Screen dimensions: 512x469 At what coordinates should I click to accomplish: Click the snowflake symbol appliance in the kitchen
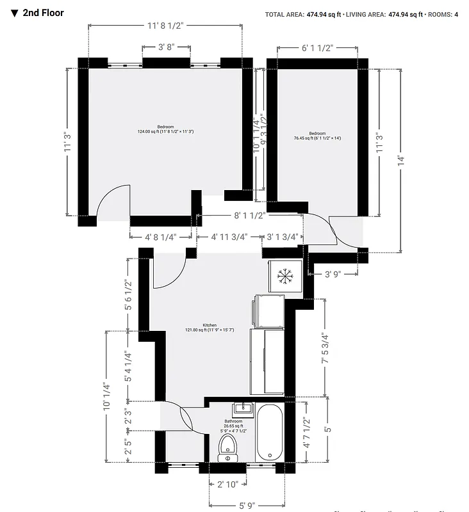click(284, 276)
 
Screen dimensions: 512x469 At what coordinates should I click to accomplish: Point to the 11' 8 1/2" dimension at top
click(165, 26)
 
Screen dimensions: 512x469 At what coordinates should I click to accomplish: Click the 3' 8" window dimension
click(166, 47)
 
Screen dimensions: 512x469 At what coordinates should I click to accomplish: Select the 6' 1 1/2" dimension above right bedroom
click(317, 47)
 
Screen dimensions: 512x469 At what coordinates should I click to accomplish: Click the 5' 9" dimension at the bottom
click(245, 505)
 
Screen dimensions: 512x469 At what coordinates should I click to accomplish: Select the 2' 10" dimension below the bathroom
click(227, 484)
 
